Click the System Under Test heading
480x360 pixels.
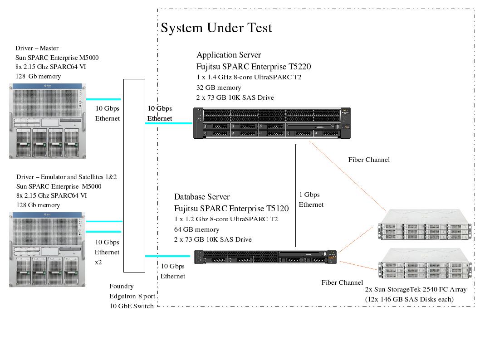pos(216,28)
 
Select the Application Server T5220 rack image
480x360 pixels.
pos(272,123)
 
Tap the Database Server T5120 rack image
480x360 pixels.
pos(266,257)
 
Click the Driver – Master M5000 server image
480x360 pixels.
pos(47,121)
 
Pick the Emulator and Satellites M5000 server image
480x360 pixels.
pos(47,249)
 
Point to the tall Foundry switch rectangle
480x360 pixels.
pos(134,175)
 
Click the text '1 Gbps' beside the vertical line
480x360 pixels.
pos(309,195)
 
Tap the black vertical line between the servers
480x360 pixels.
pos(296,195)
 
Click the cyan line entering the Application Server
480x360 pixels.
pos(169,123)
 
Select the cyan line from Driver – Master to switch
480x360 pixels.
pos(103,99)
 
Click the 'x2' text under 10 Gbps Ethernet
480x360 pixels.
pos(98,262)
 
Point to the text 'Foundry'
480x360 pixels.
pos(122,286)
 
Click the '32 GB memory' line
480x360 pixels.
pos(219,88)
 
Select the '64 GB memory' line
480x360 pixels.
pos(196,229)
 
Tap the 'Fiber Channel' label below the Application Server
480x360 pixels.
pos(369,160)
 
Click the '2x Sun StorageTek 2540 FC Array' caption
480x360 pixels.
pos(416,289)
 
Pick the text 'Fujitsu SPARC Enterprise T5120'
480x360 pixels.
pos(231,209)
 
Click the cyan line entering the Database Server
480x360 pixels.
pos(167,256)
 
